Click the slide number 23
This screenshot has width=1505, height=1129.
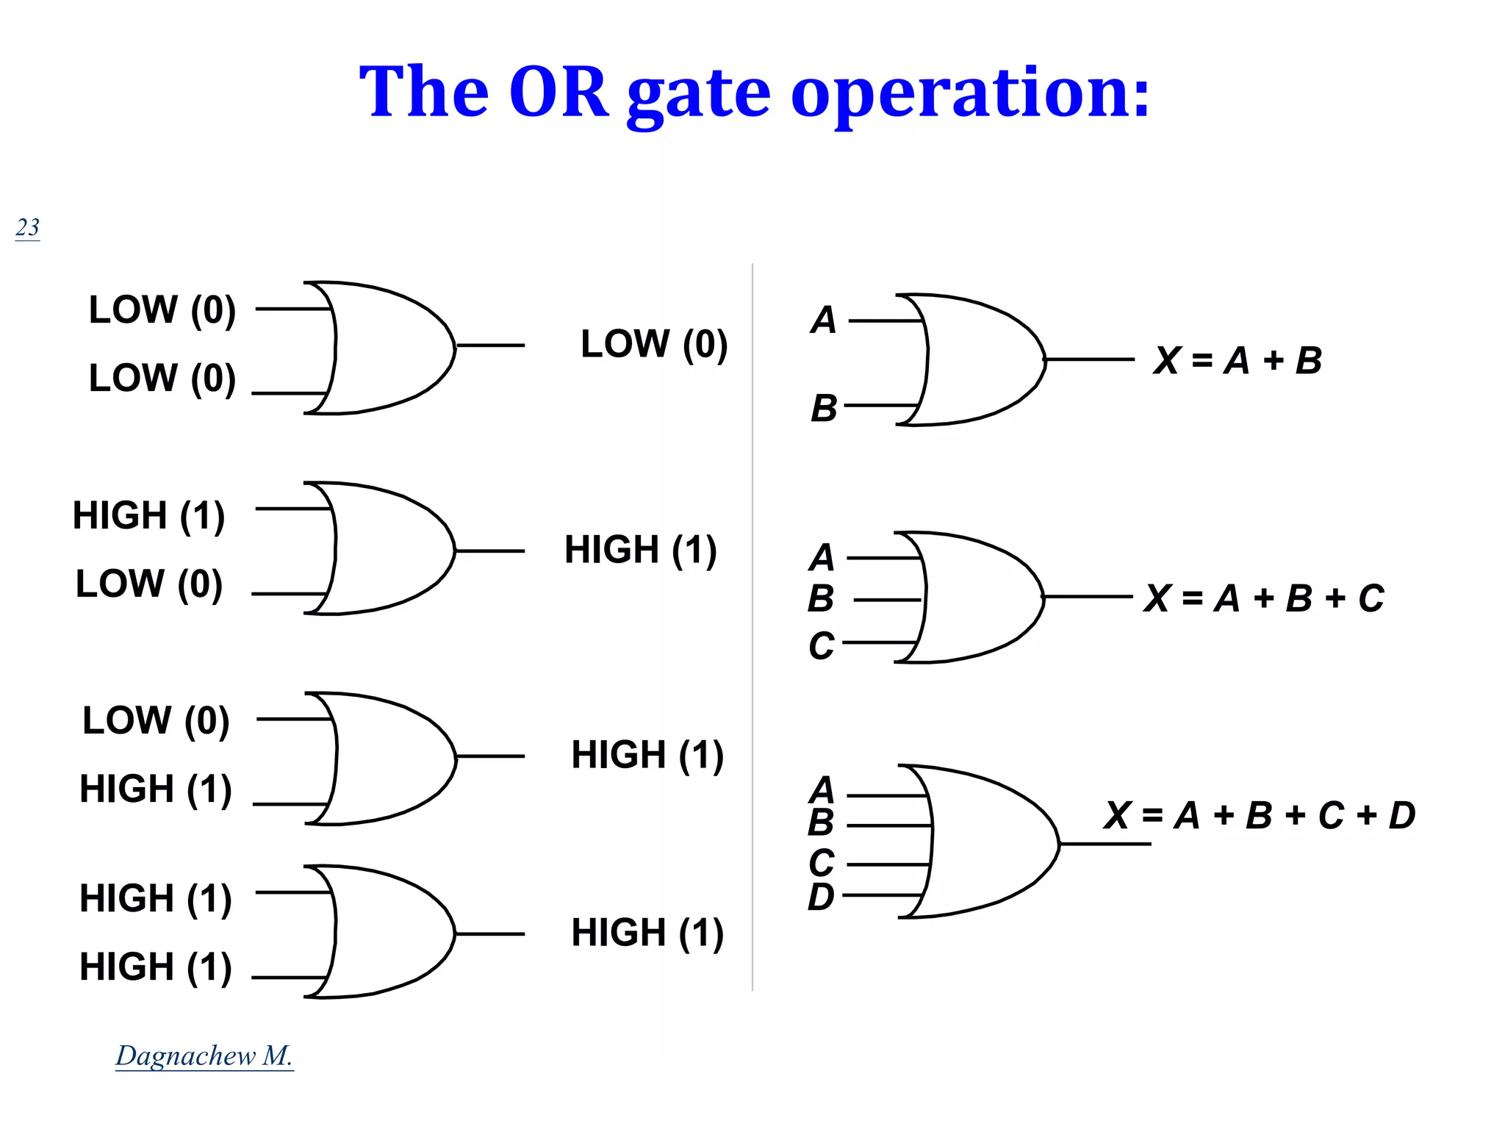tap(27, 227)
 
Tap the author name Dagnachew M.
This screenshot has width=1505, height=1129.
tap(204, 1055)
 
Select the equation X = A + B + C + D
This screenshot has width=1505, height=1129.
tap(1259, 815)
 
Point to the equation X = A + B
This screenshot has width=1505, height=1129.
tap(1238, 360)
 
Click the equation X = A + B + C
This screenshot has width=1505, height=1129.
tap(1264, 598)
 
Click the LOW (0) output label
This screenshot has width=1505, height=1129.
tap(654, 344)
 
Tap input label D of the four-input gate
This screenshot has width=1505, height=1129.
tap(821, 897)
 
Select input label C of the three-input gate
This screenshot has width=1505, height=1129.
tap(822, 645)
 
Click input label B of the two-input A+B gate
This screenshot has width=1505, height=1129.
tap(824, 408)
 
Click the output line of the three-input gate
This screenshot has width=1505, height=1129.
tap(1088, 597)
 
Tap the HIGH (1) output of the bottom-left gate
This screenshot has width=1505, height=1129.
tap(647, 933)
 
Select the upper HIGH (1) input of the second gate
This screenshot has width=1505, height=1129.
tap(148, 515)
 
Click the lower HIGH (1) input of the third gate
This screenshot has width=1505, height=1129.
tap(156, 789)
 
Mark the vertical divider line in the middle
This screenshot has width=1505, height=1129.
tap(752, 625)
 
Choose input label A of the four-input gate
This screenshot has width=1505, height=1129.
tap(822, 790)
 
